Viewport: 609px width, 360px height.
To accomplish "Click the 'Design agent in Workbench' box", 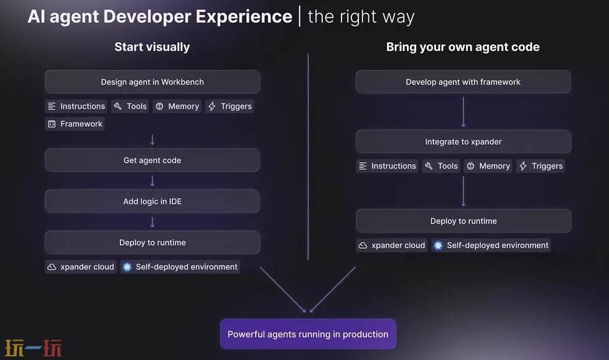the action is point(152,82).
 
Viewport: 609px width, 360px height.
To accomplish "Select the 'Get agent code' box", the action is point(152,160).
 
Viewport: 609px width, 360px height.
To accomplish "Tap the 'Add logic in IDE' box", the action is point(152,201).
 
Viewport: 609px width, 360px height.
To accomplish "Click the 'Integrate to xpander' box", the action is point(463,142).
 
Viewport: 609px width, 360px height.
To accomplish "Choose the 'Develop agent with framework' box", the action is point(463,82).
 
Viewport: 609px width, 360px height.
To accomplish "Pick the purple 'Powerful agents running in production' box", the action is point(308,334).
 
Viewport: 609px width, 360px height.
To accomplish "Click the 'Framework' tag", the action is point(75,124).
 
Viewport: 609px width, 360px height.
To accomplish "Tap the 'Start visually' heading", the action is point(152,47).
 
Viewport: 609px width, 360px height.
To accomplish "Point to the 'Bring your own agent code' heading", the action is point(463,47).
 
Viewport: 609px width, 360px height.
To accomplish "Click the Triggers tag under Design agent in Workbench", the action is point(230,106).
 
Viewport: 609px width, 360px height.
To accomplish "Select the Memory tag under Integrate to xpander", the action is point(488,166).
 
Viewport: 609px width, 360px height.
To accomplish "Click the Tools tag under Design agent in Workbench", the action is point(130,106).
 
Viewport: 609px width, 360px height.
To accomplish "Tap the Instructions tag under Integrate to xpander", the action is point(387,166).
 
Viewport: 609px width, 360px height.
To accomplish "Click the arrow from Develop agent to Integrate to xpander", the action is point(463,112).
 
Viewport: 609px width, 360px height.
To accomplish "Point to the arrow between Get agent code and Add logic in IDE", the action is point(152,181).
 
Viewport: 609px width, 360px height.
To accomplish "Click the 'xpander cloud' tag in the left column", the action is point(81,267).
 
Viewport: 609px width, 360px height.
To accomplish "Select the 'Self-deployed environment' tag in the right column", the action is point(491,246).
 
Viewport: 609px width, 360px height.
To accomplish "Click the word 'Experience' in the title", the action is point(244,17).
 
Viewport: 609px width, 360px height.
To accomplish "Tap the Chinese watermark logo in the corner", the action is point(34,348).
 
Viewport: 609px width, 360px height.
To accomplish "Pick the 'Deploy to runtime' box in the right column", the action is point(463,221).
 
